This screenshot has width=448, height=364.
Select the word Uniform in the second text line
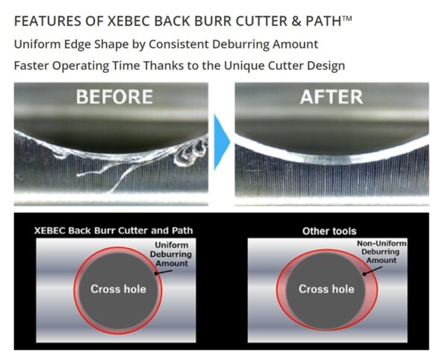coord(35,44)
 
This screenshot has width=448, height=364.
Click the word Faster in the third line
coord(32,65)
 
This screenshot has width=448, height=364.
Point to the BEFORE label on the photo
coord(114,96)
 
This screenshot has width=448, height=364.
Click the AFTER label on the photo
coord(331,96)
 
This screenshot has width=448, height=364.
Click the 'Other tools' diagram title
coord(329,231)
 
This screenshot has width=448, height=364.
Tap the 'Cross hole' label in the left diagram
coord(116,289)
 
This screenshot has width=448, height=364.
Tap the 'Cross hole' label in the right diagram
coord(326,289)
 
